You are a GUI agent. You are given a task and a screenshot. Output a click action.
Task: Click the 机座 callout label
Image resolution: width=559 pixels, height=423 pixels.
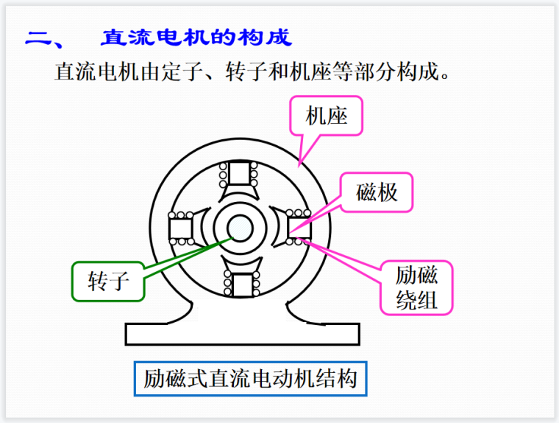coord(327,116)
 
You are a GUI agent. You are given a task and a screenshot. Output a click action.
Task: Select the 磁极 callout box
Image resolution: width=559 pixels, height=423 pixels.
coord(377,192)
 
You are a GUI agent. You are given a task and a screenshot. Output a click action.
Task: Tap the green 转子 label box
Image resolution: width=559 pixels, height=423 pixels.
coord(109,281)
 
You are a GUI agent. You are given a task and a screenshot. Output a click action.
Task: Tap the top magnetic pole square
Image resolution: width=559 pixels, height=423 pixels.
coord(240,174)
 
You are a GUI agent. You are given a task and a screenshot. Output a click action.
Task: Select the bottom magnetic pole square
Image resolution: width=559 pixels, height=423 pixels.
coord(241,283)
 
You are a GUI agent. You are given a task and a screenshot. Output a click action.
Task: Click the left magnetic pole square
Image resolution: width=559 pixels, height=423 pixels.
coord(181,228)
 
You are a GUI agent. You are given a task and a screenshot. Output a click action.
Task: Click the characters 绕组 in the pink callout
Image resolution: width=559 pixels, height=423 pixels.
coord(416,300)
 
